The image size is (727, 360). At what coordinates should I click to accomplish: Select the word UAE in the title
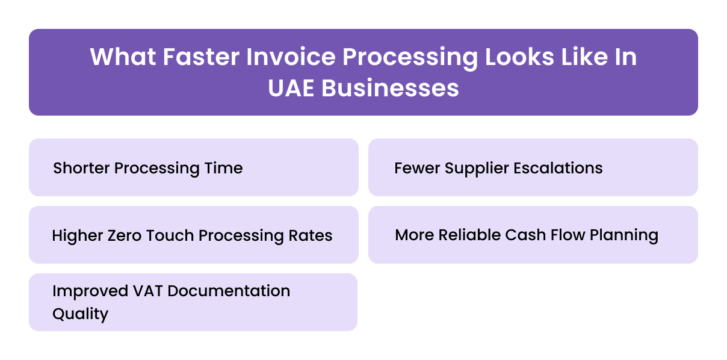(291, 88)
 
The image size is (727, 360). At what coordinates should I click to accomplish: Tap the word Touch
(172, 235)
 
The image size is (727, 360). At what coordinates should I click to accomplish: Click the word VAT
(148, 291)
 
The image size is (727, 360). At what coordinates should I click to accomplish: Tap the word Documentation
(229, 291)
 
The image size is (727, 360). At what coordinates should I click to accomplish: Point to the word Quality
(80, 314)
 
